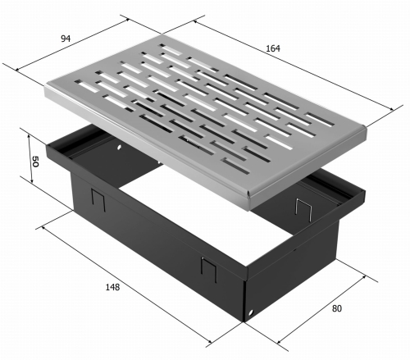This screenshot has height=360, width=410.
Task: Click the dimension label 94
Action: click(66, 39)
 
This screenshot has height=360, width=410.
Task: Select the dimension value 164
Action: click(273, 48)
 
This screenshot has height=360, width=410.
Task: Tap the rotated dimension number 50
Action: click(35, 162)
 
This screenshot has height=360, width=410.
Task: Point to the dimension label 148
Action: click(112, 287)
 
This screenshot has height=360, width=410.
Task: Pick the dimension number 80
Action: click(337, 308)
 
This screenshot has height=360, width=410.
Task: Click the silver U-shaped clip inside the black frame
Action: click(303, 209)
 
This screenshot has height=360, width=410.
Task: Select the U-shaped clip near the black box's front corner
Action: click(209, 269)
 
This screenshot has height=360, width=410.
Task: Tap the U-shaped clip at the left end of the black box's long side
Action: click(98, 199)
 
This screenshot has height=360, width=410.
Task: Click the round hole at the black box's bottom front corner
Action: click(251, 312)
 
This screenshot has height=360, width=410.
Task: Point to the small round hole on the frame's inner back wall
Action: click(119, 148)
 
